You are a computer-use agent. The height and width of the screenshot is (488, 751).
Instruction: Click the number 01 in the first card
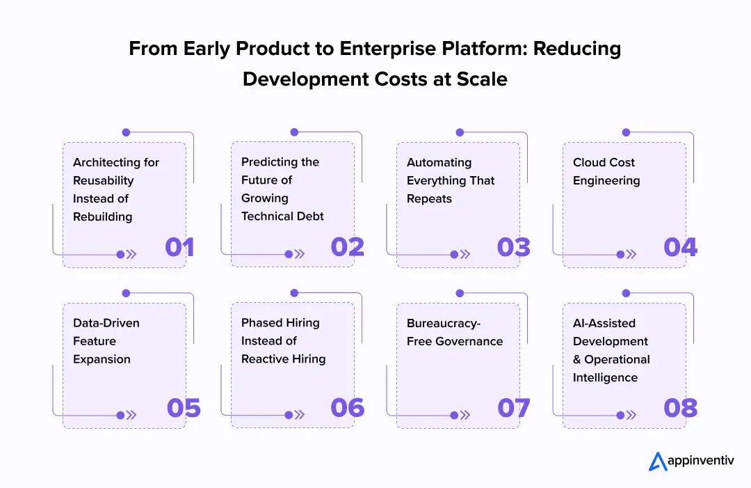pyautogui.click(x=179, y=247)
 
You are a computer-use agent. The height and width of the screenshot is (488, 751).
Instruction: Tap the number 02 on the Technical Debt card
pyautogui.click(x=347, y=247)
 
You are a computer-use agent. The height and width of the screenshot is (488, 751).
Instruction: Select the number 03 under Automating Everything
pyautogui.click(x=514, y=247)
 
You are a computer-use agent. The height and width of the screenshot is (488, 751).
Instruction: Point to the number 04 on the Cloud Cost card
pyautogui.click(x=680, y=247)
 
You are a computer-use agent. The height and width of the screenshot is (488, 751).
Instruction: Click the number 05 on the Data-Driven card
pyautogui.click(x=184, y=408)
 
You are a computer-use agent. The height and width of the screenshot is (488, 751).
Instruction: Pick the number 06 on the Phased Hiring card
pyautogui.click(x=348, y=408)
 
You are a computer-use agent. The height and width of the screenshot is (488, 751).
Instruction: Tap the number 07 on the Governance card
pyautogui.click(x=514, y=408)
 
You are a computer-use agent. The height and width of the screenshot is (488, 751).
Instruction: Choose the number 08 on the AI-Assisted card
pyautogui.click(x=680, y=408)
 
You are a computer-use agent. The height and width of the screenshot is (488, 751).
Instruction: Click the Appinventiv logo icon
pyautogui.click(x=658, y=461)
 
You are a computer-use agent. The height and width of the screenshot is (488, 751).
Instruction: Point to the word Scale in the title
pyautogui.click(x=482, y=79)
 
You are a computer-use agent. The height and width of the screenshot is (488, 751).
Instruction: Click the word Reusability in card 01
pyautogui.click(x=103, y=180)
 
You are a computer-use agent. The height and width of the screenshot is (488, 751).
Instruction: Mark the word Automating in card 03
pyautogui.click(x=439, y=162)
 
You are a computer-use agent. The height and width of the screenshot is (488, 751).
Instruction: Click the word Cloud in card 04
pyautogui.click(x=589, y=162)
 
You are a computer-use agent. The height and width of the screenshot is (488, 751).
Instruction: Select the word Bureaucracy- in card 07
pyautogui.click(x=443, y=323)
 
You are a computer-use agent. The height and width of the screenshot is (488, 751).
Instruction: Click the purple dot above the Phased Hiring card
pyautogui.click(x=294, y=293)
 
